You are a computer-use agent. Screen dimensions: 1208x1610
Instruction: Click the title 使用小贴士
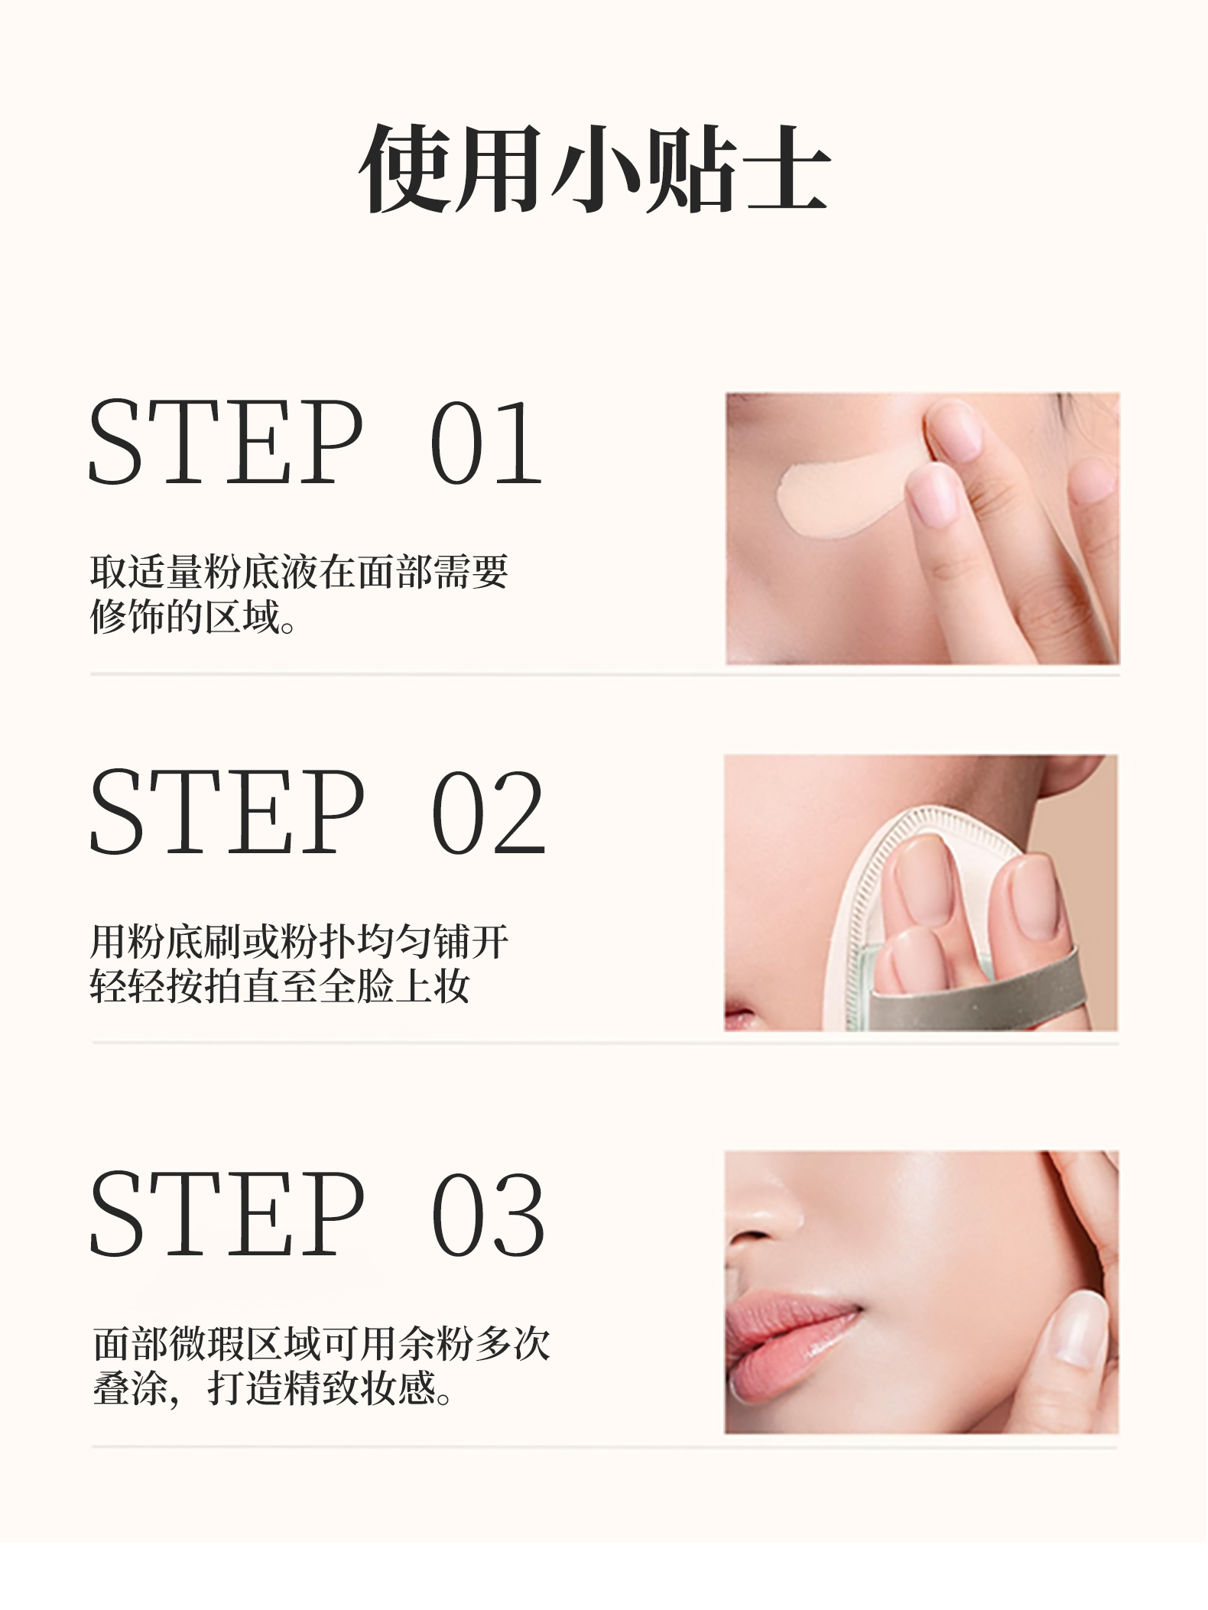click(595, 169)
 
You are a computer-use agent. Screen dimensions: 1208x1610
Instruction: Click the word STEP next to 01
click(226, 443)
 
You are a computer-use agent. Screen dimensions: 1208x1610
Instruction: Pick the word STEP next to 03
click(226, 1214)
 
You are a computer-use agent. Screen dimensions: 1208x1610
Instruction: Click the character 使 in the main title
click(406, 169)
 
